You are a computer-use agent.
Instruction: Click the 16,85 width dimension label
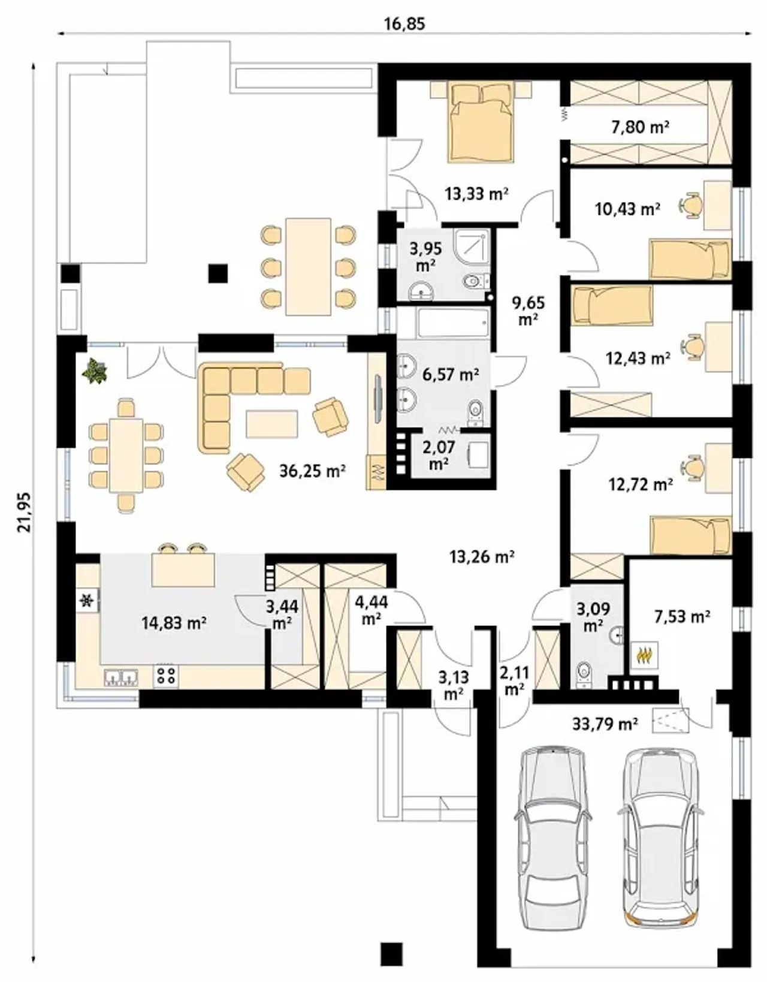(404, 23)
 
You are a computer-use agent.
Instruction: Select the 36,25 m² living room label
(313, 471)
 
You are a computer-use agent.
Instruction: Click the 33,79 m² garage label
(605, 724)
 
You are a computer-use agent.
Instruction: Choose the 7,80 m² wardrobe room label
(640, 128)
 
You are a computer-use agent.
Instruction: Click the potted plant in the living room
(95, 370)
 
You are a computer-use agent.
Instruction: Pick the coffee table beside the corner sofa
(271, 423)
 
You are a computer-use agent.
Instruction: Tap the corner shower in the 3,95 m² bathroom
(472, 246)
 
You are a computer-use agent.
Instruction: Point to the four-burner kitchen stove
(165, 676)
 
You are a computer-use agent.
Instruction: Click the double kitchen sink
(121, 677)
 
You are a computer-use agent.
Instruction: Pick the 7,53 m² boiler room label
(682, 616)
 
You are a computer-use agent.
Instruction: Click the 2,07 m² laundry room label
(439, 456)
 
